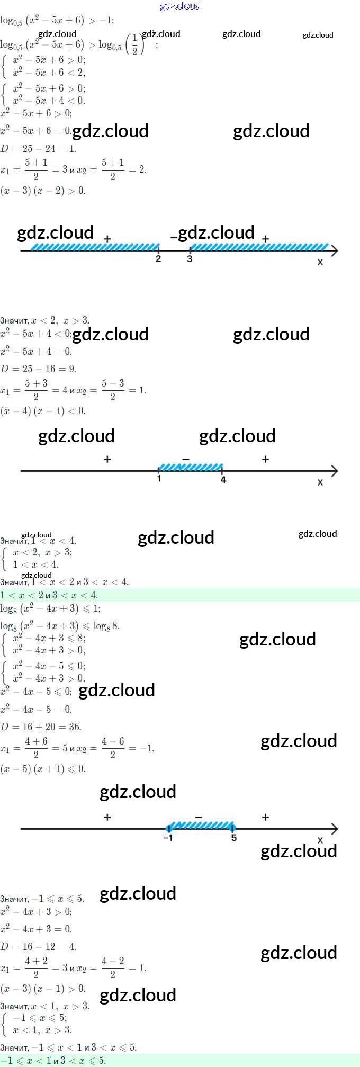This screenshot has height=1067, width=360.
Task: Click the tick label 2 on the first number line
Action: click(x=158, y=259)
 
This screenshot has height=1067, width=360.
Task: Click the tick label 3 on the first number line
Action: click(x=190, y=259)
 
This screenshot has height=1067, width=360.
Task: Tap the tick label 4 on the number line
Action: click(x=223, y=480)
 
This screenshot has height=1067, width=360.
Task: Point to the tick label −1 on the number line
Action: click(x=168, y=838)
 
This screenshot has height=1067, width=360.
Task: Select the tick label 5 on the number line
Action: click(x=234, y=838)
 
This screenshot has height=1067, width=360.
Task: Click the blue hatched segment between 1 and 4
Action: click(x=191, y=467)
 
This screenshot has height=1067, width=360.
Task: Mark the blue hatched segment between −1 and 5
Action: click(x=201, y=825)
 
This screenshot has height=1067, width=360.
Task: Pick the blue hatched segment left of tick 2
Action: click(x=95, y=247)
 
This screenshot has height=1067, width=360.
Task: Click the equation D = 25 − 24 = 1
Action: click(x=39, y=148)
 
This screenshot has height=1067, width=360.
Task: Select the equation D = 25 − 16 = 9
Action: click(x=39, y=369)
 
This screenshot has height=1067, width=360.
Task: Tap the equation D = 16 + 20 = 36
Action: click(x=41, y=727)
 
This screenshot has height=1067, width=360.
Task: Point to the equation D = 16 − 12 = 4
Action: click(x=39, y=946)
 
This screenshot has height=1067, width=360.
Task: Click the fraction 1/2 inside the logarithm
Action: click(x=134, y=44)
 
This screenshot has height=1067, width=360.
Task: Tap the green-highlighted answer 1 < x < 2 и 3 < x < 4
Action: click(x=49, y=595)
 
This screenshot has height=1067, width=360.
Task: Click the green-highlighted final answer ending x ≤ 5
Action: click(x=53, y=1061)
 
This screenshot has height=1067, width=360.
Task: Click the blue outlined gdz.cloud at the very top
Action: click(x=180, y=6)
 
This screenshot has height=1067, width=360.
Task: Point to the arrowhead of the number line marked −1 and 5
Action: click(x=335, y=829)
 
